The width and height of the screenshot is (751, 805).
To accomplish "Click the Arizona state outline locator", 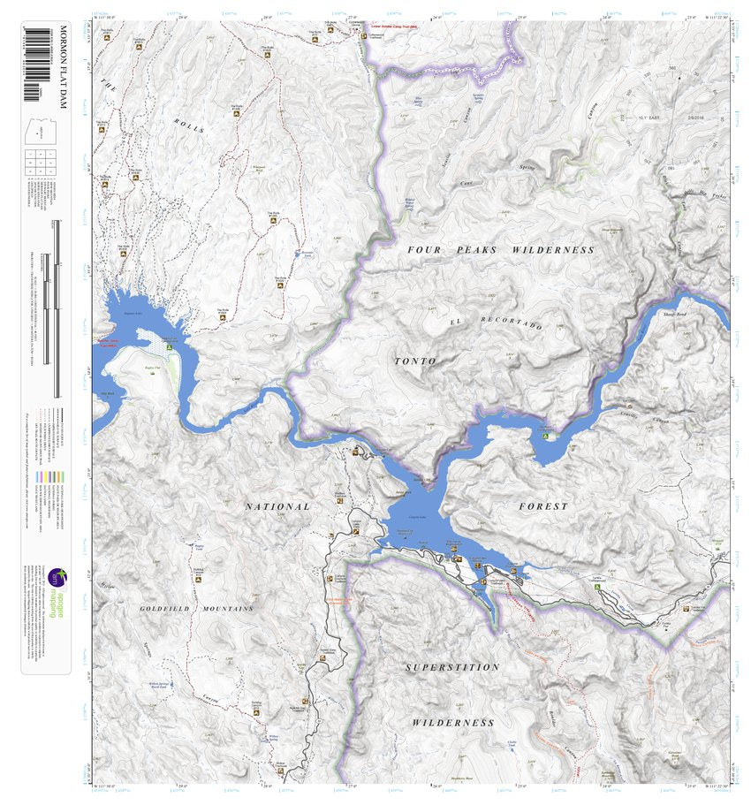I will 37,133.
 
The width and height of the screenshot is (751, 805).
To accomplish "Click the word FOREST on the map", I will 544,506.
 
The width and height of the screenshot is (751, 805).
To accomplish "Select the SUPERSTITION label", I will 452,667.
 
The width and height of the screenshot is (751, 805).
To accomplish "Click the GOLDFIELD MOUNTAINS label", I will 196,609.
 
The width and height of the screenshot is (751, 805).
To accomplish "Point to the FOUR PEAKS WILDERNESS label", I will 500,250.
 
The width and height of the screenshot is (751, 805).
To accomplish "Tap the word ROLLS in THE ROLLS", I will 188,125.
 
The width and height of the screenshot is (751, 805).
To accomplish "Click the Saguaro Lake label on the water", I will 133,313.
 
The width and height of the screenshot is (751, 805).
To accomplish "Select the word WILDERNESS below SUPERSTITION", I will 453,723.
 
